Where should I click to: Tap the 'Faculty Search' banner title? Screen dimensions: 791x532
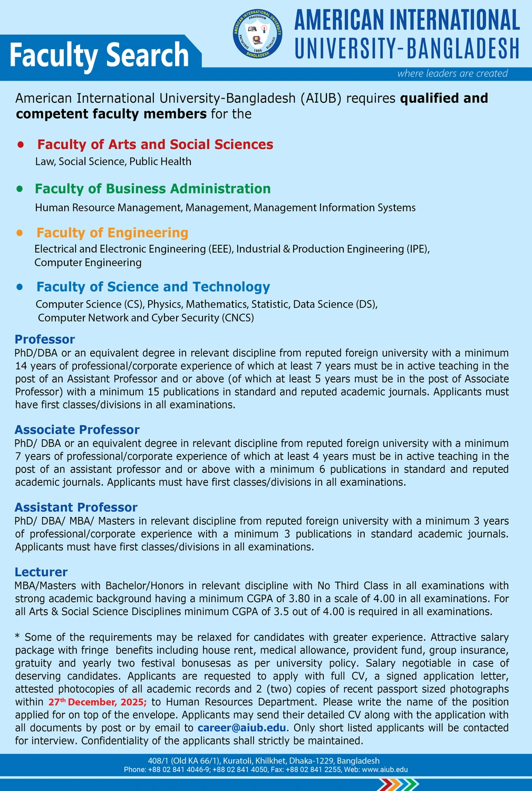[x=99, y=55]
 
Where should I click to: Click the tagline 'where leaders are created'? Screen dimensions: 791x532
[x=452, y=73]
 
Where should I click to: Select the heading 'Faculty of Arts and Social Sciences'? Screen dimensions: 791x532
[x=155, y=144]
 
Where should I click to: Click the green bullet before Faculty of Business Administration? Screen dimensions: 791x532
[x=20, y=188]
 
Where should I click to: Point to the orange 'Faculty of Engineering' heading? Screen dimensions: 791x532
[x=112, y=233]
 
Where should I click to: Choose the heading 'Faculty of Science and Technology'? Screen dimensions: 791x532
[x=153, y=287]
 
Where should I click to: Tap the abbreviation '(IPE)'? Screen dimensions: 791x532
[x=419, y=249]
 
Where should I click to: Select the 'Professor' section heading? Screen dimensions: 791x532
[x=45, y=339]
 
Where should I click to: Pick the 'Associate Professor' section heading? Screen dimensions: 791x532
[x=77, y=430]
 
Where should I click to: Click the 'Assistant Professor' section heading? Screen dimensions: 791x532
[x=76, y=507]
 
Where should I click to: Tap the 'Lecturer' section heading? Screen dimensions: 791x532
[x=41, y=572]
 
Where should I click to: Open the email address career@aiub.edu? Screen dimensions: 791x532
[x=242, y=728]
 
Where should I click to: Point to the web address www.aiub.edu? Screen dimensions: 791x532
[x=384, y=769]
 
